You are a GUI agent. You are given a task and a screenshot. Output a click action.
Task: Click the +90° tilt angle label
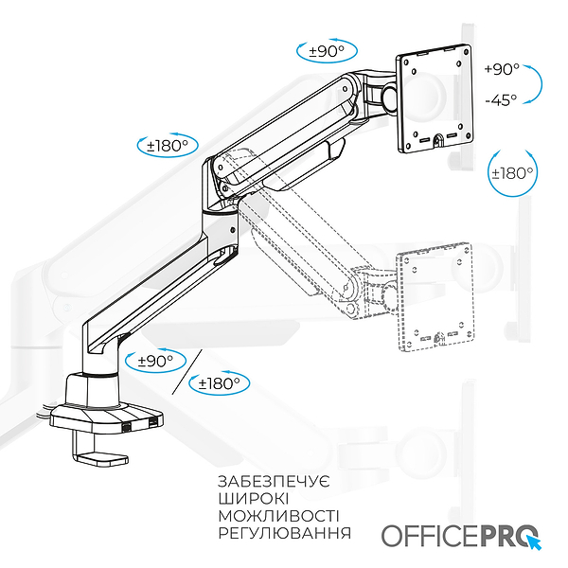502,68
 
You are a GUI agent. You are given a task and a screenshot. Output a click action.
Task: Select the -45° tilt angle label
501,99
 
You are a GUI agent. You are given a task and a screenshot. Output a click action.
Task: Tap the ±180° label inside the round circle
512,173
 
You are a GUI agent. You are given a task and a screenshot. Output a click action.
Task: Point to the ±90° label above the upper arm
327,51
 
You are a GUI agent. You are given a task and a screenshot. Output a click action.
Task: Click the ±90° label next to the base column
155,361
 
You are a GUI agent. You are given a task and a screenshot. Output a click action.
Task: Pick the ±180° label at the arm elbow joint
168,146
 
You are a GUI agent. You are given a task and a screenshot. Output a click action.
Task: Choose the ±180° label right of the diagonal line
220,383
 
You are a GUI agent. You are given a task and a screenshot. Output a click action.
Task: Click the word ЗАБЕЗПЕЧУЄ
274,482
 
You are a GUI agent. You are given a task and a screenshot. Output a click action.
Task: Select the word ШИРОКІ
254,499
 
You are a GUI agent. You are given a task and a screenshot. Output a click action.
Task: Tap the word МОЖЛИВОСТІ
279,516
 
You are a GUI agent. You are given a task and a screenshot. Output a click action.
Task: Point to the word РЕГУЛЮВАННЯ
285,533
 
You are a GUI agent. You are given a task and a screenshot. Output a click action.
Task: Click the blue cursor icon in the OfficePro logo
534,541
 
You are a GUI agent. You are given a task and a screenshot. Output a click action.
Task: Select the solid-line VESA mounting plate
435,98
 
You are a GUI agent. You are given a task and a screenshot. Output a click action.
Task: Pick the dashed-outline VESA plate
435,297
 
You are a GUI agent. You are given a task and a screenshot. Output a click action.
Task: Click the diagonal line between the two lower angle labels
186,372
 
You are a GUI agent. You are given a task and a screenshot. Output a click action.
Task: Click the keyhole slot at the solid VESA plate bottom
439,140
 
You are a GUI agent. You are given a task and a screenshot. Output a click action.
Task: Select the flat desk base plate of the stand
106,419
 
